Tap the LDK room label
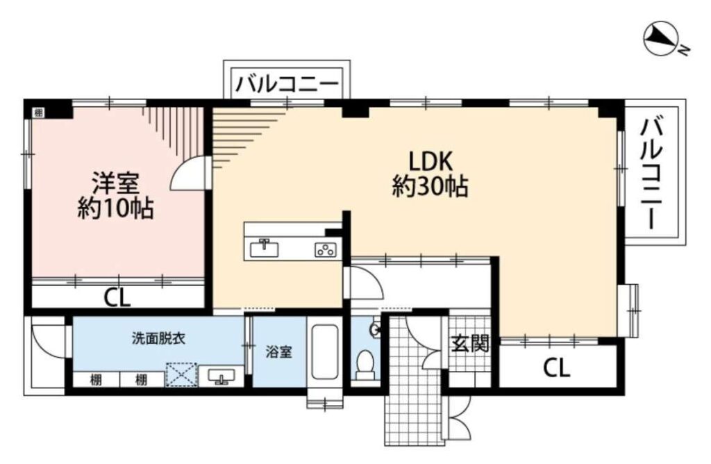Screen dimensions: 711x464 click(430, 161)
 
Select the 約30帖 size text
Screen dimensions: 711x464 click(430, 186)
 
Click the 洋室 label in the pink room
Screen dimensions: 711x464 click(115, 183)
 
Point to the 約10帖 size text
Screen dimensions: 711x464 click(115, 208)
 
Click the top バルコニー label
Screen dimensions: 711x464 click(287, 84)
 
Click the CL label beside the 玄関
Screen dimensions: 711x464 click(557, 368)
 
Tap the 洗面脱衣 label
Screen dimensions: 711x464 click(159, 338)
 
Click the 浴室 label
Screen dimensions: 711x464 click(279, 351)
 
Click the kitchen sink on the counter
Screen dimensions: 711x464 click(265, 248)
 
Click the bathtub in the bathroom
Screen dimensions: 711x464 click(325, 352)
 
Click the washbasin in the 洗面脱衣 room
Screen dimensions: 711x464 click(221, 376)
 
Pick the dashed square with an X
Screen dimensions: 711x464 click(181, 374)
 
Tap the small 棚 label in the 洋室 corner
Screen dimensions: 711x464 click(39, 113)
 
